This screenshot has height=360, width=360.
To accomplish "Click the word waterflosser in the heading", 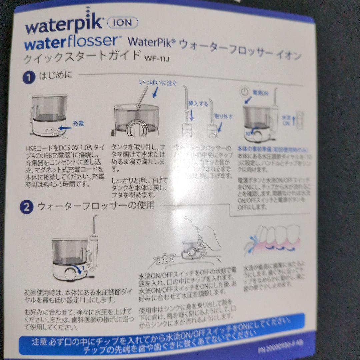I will pyautogui.click(x=70, y=42).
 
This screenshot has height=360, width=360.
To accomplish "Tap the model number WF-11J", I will pyautogui.click(x=157, y=59).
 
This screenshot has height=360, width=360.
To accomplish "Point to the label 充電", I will pyautogui.click(x=79, y=123).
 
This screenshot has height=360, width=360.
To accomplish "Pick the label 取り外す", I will pyautogui.click(x=224, y=117).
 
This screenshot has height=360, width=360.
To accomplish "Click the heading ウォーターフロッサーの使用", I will pyautogui.click(x=96, y=206).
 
